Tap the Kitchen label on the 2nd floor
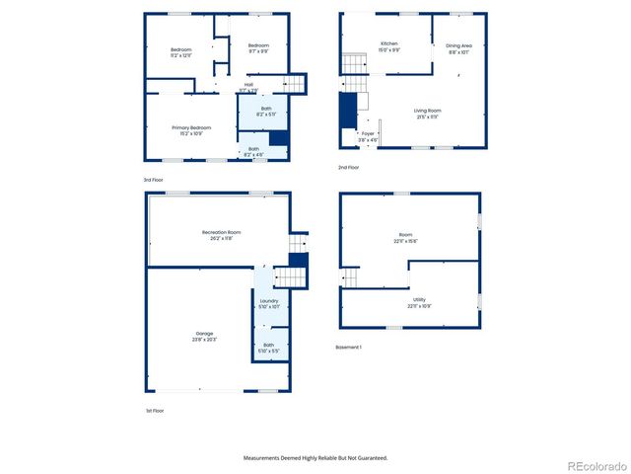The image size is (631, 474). [389, 43]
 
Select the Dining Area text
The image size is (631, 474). [459, 45]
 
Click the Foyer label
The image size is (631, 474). [368, 133]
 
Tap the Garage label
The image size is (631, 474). [204, 334]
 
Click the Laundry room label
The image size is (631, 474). [269, 301]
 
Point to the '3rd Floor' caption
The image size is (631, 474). [154, 180]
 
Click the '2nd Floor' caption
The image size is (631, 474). [349, 167]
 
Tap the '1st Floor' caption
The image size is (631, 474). [154, 410]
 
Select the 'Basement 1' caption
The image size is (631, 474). [349, 347]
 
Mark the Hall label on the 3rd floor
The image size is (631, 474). [248, 85]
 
